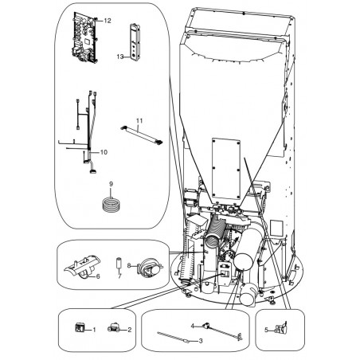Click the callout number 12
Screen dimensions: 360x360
108,21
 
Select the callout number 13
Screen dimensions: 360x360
120,57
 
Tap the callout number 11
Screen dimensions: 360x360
139,121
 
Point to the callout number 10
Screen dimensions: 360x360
104,152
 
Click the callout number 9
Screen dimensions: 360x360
111,184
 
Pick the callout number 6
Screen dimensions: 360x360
98,276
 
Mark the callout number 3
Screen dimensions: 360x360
201,341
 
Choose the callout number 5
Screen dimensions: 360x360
266,331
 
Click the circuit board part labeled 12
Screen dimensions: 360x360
84,38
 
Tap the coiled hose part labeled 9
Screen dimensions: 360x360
112,205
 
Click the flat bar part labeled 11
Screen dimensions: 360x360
142,135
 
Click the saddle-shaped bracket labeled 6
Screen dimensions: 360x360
82,266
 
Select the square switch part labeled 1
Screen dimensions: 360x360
80,328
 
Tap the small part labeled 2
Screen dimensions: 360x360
113,327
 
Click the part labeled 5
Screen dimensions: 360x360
281,328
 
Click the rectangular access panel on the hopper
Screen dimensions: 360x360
226,169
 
